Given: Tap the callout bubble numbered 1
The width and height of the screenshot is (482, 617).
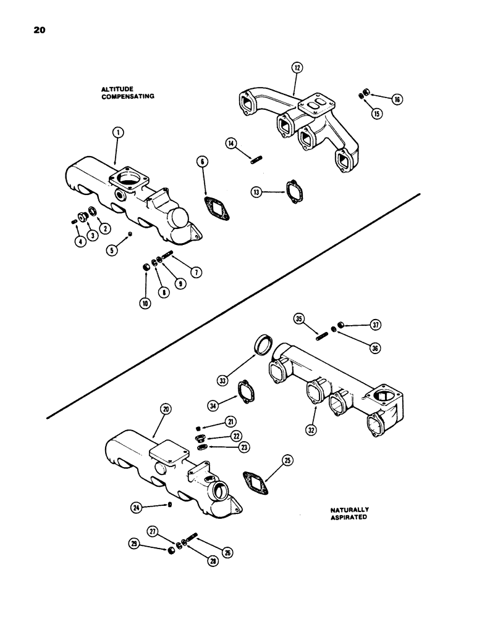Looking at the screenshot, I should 119,131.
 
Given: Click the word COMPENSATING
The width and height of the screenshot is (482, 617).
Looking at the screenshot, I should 127,97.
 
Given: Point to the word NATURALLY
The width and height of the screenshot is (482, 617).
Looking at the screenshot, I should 349,510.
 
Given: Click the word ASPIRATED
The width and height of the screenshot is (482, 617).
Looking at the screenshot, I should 349,518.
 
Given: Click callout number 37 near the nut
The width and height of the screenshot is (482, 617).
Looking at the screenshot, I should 376,325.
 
